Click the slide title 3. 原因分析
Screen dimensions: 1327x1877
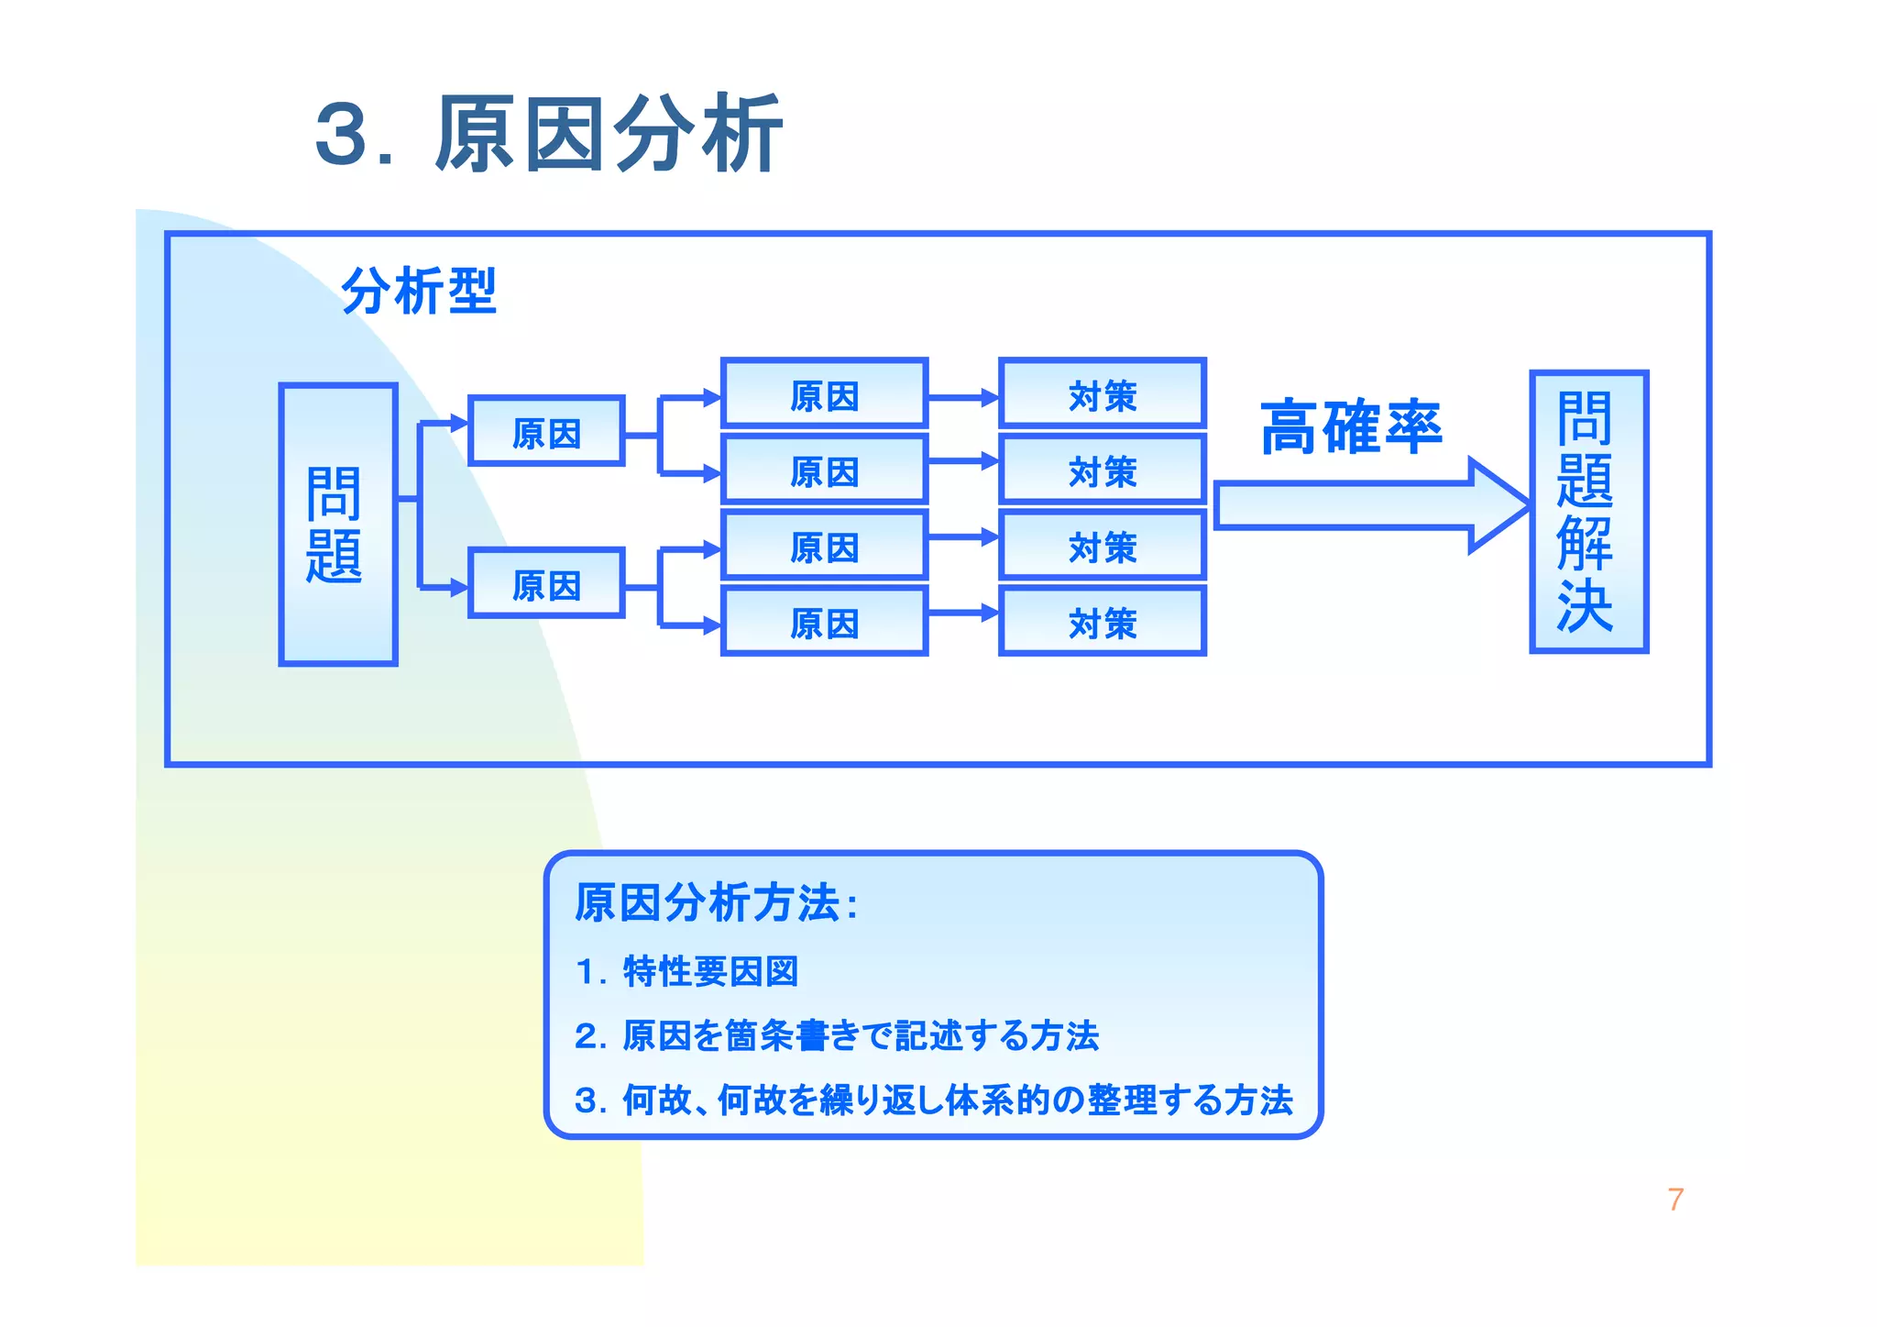click(x=548, y=135)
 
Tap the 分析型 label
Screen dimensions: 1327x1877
click(x=419, y=291)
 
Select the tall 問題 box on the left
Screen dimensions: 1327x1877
click(x=337, y=524)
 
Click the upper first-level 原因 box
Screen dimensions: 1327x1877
click(x=546, y=431)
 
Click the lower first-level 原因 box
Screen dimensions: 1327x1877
click(x=546, y=583)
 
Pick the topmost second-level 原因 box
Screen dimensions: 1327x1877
click(x=824, y=394)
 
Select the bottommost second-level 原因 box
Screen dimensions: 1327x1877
click(x=824, y=622)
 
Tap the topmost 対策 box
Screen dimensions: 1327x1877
click(x=1102, y=394)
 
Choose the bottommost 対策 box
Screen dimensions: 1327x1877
click(x=1102, y=622)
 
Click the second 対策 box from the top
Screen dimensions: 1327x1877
click(x=1102, y=470)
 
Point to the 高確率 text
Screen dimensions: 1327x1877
click(x=1351, y=427)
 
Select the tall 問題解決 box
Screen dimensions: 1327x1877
click(x=1588, y=512)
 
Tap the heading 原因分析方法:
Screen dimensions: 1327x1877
click(x=716, y=902)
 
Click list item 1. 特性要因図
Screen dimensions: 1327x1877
click(x=687, y=971)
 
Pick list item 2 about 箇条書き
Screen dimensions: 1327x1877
click(x=836, y=1035)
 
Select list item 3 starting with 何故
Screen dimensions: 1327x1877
click(x=933, y=1100)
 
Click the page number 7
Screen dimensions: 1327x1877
click(x=1675, y=1200)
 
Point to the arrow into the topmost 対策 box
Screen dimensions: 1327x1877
click(x=963, y=398)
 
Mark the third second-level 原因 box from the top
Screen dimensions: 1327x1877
click(x=824, y=547)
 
